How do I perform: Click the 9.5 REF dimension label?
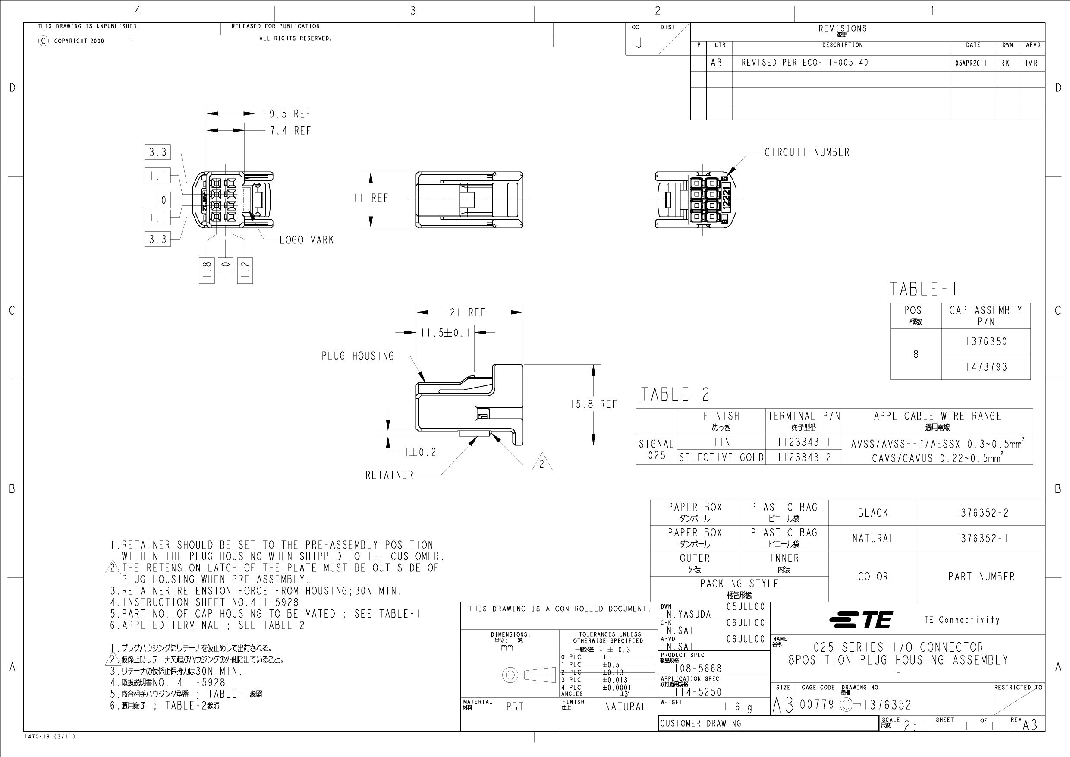[290, 114]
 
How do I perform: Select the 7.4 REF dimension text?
[290, 131]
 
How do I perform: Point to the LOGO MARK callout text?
[307, 240]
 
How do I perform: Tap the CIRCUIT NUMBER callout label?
[807, 152]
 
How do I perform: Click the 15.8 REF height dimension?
[593, 404]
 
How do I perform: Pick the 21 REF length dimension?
[467, 312]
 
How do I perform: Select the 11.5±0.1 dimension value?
[446, 333]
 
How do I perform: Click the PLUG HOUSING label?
[357, 356]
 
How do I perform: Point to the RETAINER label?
[390, 476]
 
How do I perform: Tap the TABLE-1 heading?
[924, 290]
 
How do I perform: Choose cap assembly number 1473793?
[986, 367]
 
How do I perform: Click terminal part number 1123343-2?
[804, 457]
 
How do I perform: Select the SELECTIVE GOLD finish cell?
[721, 457]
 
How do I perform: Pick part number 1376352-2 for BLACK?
[982, 513]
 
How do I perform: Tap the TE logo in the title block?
[861, 620]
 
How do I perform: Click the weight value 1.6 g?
[738, 707]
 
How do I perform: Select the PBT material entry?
[515, 707]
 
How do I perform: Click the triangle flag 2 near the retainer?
[541, 464]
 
